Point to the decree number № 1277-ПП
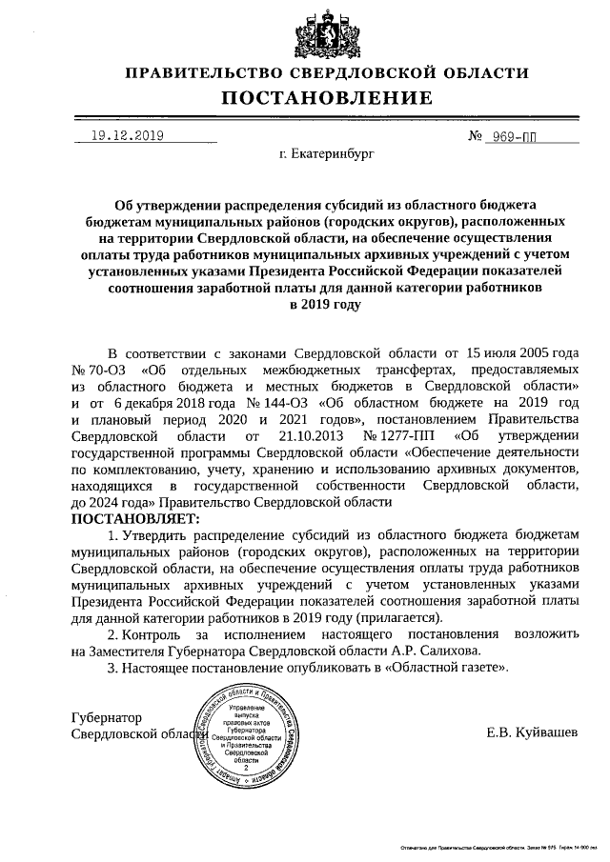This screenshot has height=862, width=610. pyautogui.click(x=389, y=435)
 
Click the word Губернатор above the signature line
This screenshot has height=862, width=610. pyautogui.click(x=107, y=716)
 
